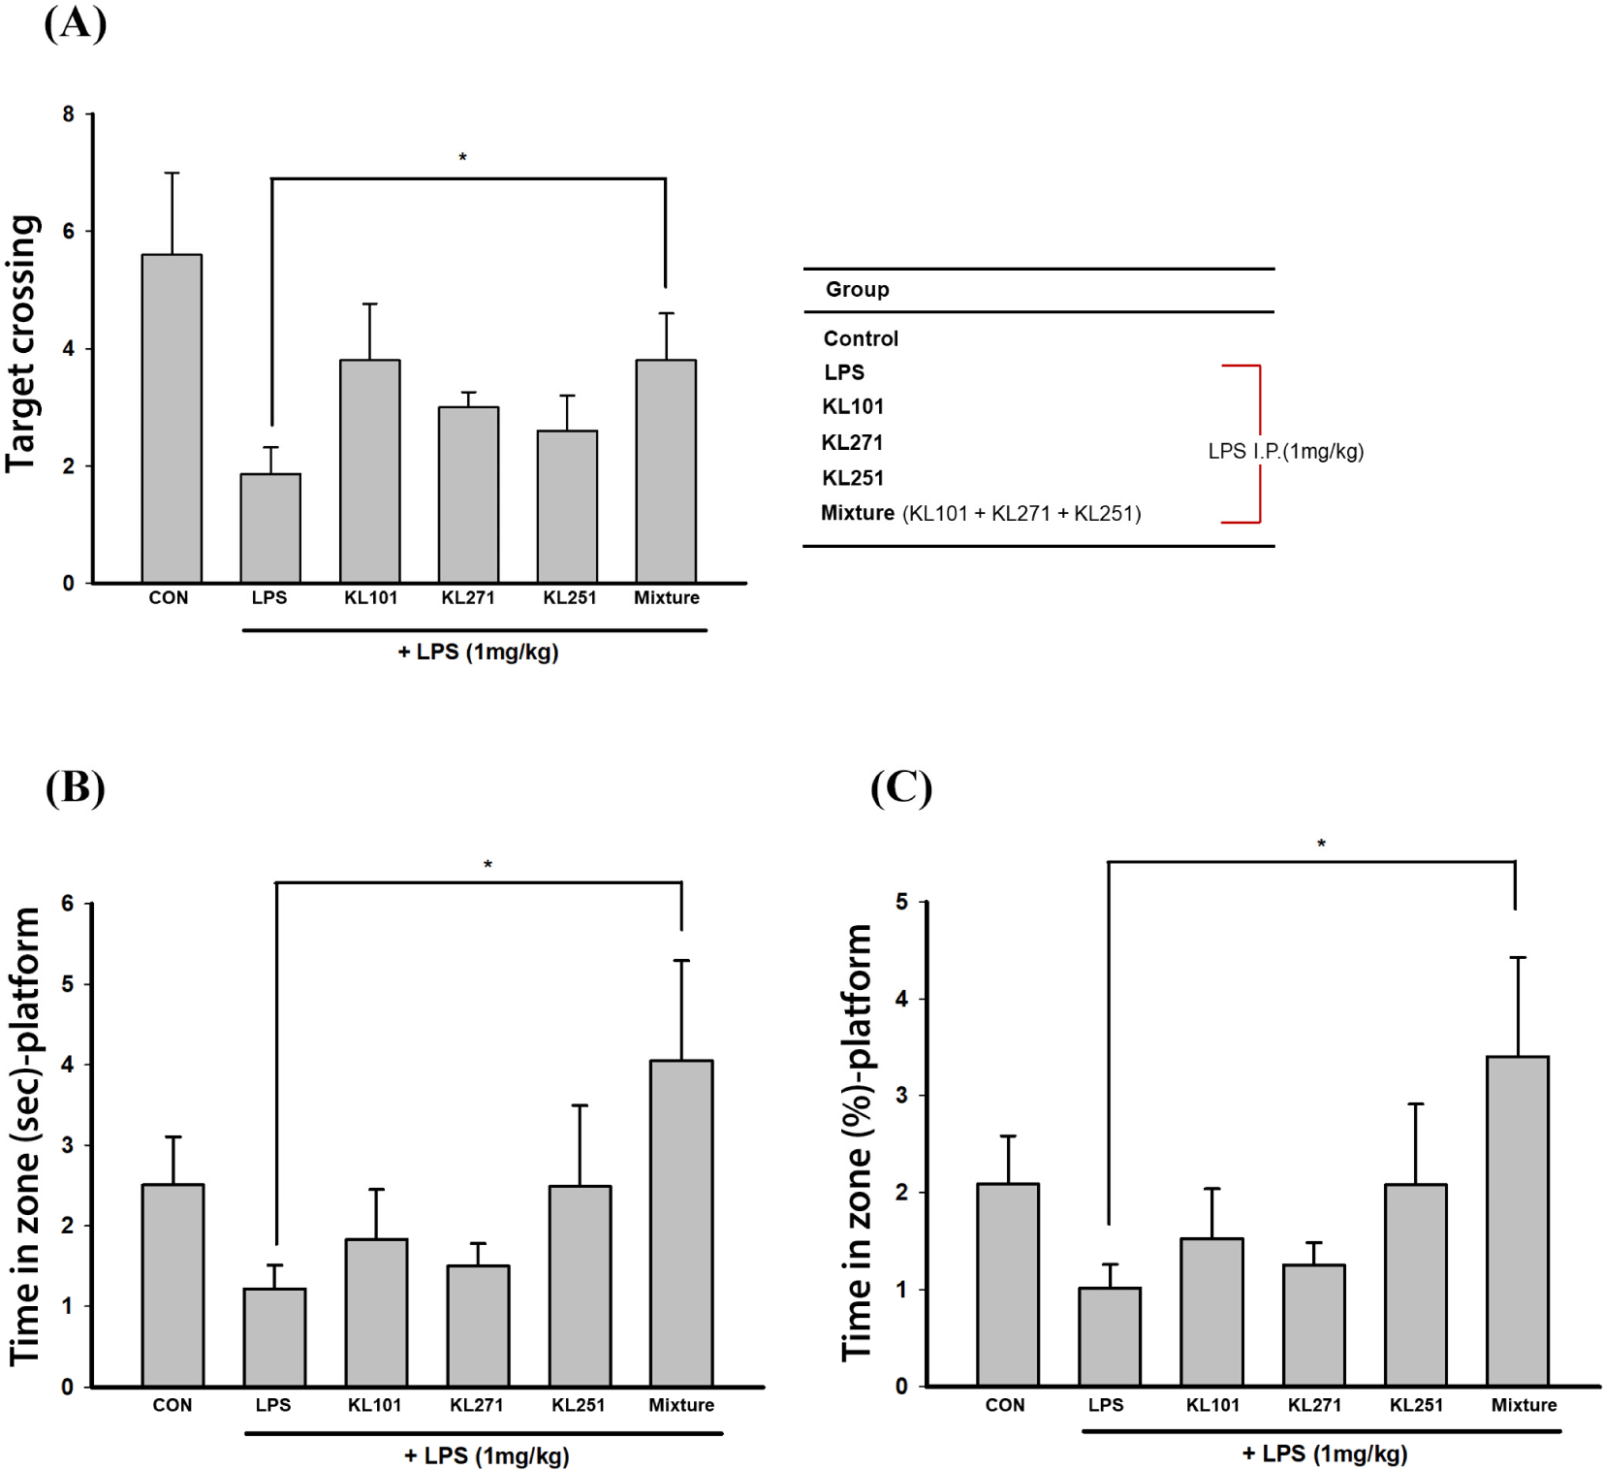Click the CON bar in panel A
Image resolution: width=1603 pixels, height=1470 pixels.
(172, 418)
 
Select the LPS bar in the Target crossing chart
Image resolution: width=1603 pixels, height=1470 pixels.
(270, 528)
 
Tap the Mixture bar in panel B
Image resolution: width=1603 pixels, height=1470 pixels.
(681, 1223)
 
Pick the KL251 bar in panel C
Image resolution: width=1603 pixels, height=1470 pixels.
(1415, 1285)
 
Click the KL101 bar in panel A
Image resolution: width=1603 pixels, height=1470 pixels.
(369, 471)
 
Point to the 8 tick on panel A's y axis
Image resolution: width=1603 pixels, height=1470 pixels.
(68, 114)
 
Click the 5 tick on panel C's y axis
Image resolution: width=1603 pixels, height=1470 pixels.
(901, 902)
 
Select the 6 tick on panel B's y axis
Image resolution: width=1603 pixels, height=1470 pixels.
(67, 904)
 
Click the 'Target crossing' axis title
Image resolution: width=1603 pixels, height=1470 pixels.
(22, 344)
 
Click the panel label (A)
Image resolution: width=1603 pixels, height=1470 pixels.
(75, 23)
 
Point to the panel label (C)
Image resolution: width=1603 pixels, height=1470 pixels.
(900, 787)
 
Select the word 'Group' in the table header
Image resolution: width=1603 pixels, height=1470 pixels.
(857, 289)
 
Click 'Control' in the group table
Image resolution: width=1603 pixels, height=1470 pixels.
(861, 338)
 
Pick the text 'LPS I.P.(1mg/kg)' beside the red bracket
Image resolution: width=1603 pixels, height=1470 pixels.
(1285, 451)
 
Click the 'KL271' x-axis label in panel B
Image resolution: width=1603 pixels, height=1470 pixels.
(476, 1405)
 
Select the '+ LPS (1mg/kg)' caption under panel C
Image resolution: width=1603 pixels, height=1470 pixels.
(1324, 1454)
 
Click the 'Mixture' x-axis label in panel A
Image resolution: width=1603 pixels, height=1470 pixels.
(666, 597)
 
